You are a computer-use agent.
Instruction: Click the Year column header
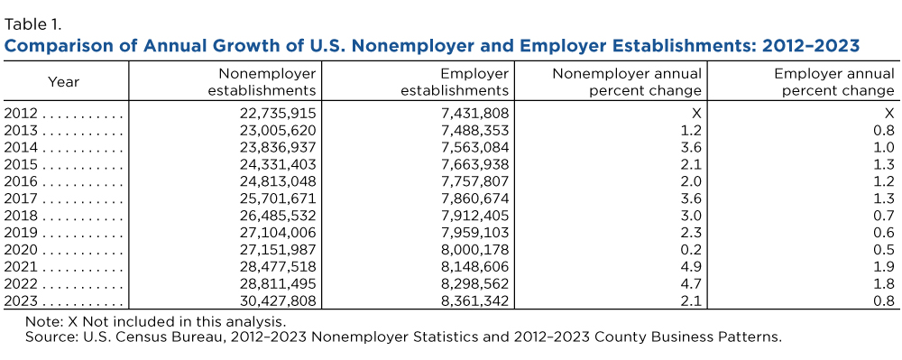pyautogui.click(x=63, y=82)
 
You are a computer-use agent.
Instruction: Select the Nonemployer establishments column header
pyautogui.click(x=262, y=82)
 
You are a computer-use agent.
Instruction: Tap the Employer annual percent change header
pyautogui.click(x=834, y=82)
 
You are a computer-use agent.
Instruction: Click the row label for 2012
pyautogui.click(x=21, y=113)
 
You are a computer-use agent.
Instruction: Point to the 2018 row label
pyautogui.click(x=21, y=216)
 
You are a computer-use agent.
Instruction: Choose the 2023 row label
pyautogui.click(x=21, y=301)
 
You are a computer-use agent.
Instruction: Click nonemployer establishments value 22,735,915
pyautogui.click(x=277, y=113)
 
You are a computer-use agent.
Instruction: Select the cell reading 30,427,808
pyautogui.click(x=277, y=301)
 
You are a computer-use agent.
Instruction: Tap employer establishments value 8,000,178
pyautogui.click(x=474, y=250)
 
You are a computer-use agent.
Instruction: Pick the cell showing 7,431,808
pyautogui.click(x=475, y=113)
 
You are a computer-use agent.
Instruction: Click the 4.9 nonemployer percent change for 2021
pyautogui.click(x=692, y=267)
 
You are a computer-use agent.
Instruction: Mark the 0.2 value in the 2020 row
pyautogui.click(x=692, y=250)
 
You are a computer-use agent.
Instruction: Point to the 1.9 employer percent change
pyautogui.click(x=886, y=267)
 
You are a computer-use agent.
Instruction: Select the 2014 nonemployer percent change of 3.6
pyautogui.click(x=692, y=147)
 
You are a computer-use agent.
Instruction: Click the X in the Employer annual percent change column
pyautogui.click(x=890, y=113)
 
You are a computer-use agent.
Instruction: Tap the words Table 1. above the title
pyautogui.click(x=32, y=24)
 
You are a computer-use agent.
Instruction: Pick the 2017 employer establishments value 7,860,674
pyautogui.click(x=475, y=198)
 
